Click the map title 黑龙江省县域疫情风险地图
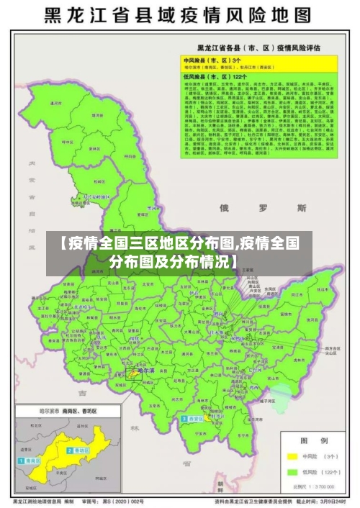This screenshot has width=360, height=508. point(180,15)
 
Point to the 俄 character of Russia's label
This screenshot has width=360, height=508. point(224,207)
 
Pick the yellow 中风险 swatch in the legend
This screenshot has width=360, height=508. point(292,456)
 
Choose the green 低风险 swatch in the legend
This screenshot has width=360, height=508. point(292,472)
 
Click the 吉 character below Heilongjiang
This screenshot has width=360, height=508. point(83,394)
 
